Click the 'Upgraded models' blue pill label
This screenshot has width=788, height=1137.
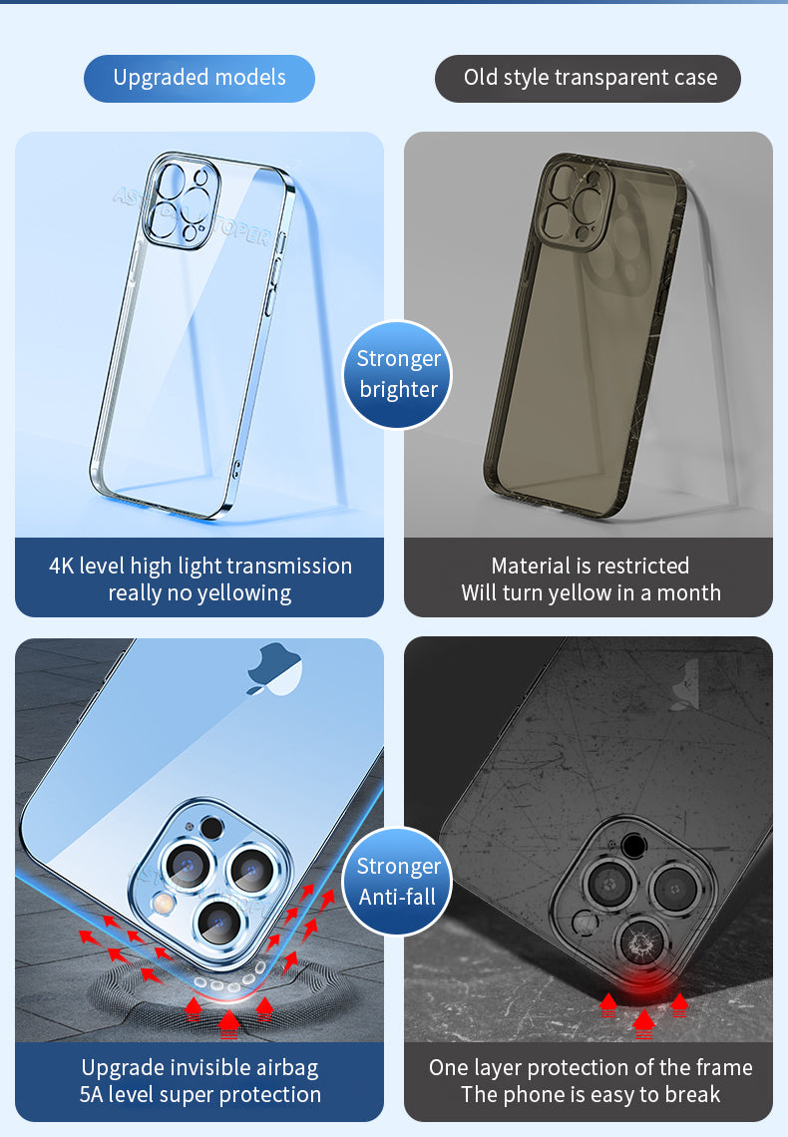[199, 78]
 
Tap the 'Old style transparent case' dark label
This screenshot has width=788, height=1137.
[590, 78]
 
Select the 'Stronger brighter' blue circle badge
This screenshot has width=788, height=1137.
[399, 374]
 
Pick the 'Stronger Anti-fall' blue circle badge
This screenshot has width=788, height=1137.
[399, 882]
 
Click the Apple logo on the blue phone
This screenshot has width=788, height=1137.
[275, 669]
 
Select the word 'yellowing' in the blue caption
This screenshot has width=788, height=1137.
[242, 593]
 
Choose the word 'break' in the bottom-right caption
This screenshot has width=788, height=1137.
[689, 1095]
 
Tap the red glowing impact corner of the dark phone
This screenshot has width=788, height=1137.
[643, 982]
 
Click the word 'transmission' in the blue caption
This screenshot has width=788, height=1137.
[289, 567]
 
